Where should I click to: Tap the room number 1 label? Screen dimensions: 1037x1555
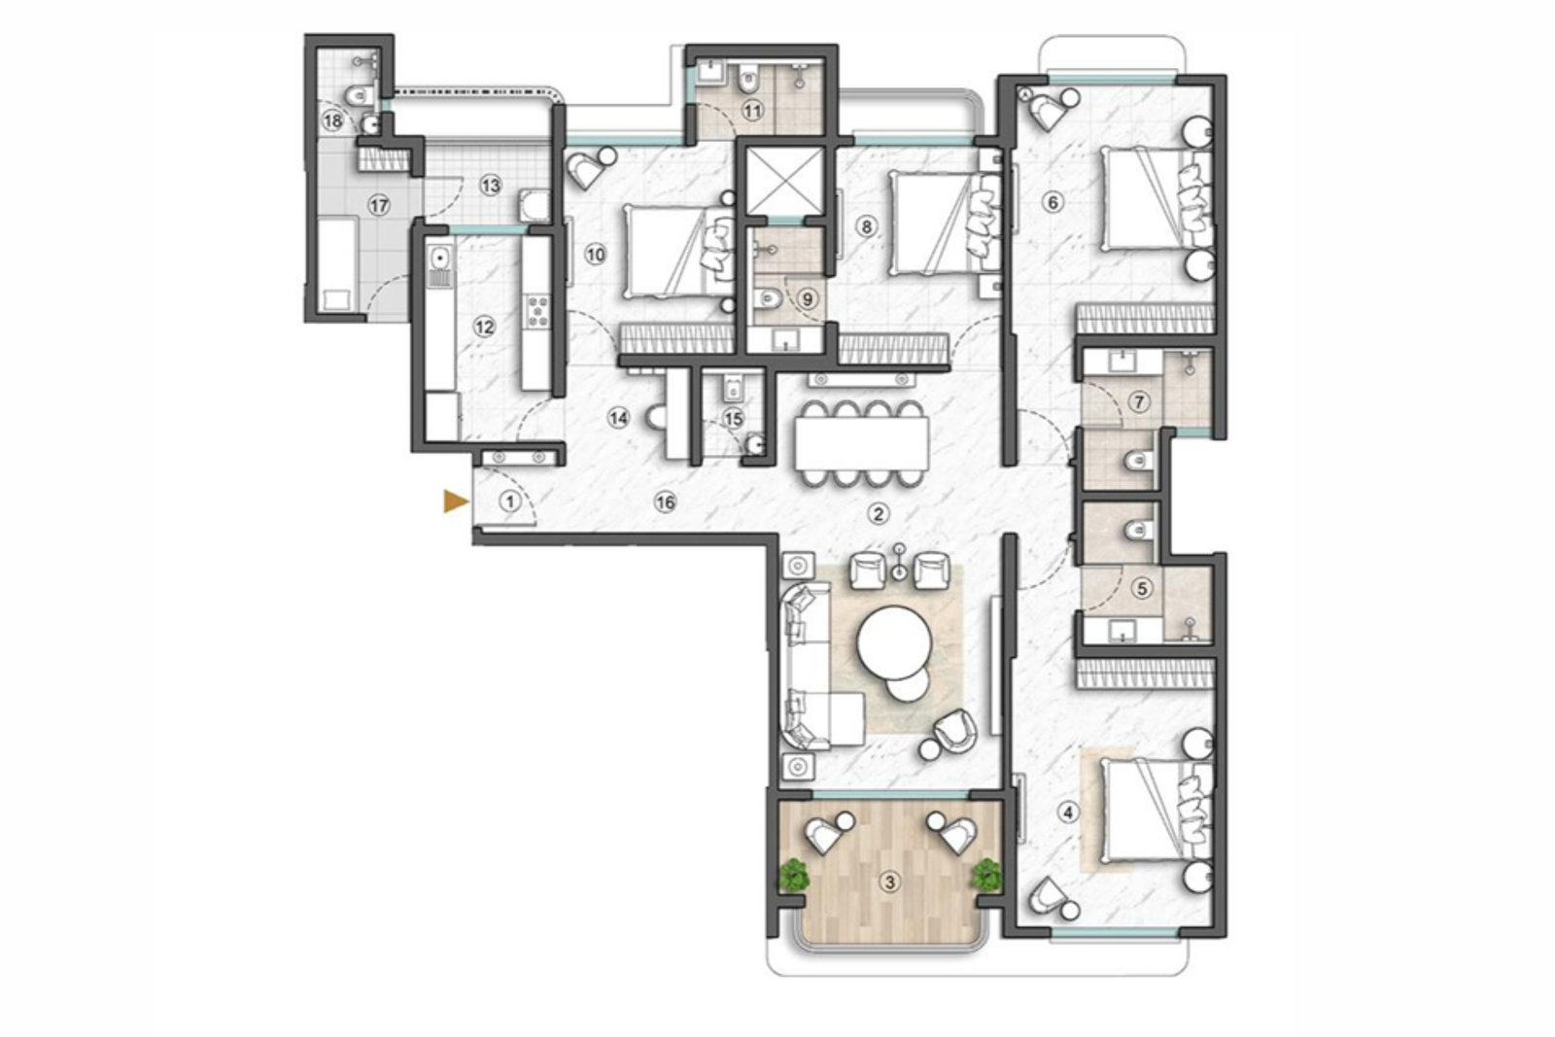(x=509, y=501)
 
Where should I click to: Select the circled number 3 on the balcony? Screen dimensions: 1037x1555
(x=887, y=882)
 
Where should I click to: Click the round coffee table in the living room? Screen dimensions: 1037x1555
(x=895, y=642)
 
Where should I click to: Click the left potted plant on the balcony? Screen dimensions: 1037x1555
(x=795, y=874)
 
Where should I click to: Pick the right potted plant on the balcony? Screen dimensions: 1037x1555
(x=985, y=874)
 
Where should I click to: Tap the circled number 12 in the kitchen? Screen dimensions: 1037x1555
(x=484, y=327)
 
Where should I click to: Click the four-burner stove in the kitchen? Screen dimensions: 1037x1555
(x=536, y=311)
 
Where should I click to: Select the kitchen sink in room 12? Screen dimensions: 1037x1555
(x=440, y=259)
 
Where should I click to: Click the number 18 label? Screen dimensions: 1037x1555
(x=333, y=121)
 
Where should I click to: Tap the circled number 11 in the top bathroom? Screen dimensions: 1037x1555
(x=752, y=111)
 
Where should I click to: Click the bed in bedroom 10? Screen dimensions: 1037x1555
(x=671, y=253)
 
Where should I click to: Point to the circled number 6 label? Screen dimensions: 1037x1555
(x=1051, y=202)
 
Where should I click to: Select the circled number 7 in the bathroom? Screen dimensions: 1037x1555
(x=1140, y=401)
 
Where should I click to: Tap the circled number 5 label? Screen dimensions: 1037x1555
(x=1142, y=589)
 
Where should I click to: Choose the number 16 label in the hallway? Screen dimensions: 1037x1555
(x=665, y=502)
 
